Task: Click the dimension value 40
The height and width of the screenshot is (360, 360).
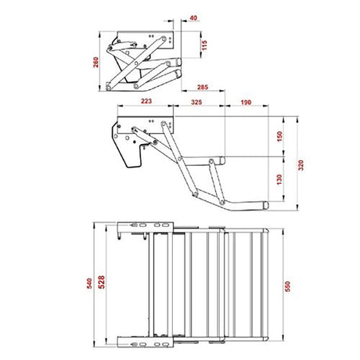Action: tap(193, 18)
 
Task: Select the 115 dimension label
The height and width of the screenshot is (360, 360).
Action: tap(204, 45)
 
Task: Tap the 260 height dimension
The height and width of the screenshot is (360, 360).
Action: tap(95, 62)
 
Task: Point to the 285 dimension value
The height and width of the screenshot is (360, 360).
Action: tap(203, 87)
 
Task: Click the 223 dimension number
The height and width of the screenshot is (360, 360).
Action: tap(146, 101)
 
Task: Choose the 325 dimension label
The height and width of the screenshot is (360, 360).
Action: tap(196, 102)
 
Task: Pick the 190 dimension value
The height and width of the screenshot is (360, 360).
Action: tap(246, 103)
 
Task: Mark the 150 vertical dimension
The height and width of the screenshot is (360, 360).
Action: tap(279, 136)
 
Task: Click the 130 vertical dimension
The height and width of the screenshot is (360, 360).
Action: tap(279, 179)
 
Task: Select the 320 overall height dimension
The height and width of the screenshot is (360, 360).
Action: tap(301, 165)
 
